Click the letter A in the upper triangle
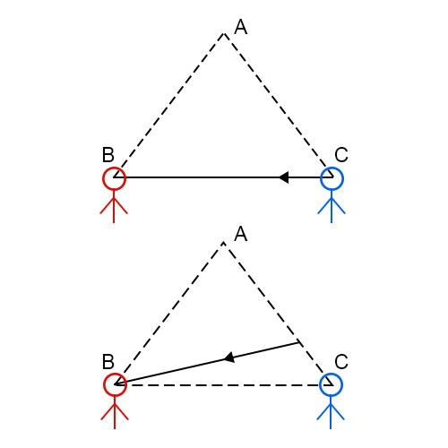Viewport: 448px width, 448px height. coord(241,27)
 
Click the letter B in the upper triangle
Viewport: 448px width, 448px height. coord(108,155)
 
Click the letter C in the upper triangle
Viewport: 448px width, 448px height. coord(341,155)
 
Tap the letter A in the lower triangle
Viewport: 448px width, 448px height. coord(241,234)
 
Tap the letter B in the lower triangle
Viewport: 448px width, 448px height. coord(108,362)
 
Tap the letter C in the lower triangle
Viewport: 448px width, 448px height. coord(341,362)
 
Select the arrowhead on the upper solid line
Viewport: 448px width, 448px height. coord(284,177)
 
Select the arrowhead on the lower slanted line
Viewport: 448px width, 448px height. coord(229,358)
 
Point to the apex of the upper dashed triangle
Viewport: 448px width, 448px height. coord(224,33)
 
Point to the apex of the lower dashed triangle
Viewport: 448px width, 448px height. coord(224,242)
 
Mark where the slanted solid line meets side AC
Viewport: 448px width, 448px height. coord(298,342)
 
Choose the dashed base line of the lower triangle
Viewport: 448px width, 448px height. coord(224,385)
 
